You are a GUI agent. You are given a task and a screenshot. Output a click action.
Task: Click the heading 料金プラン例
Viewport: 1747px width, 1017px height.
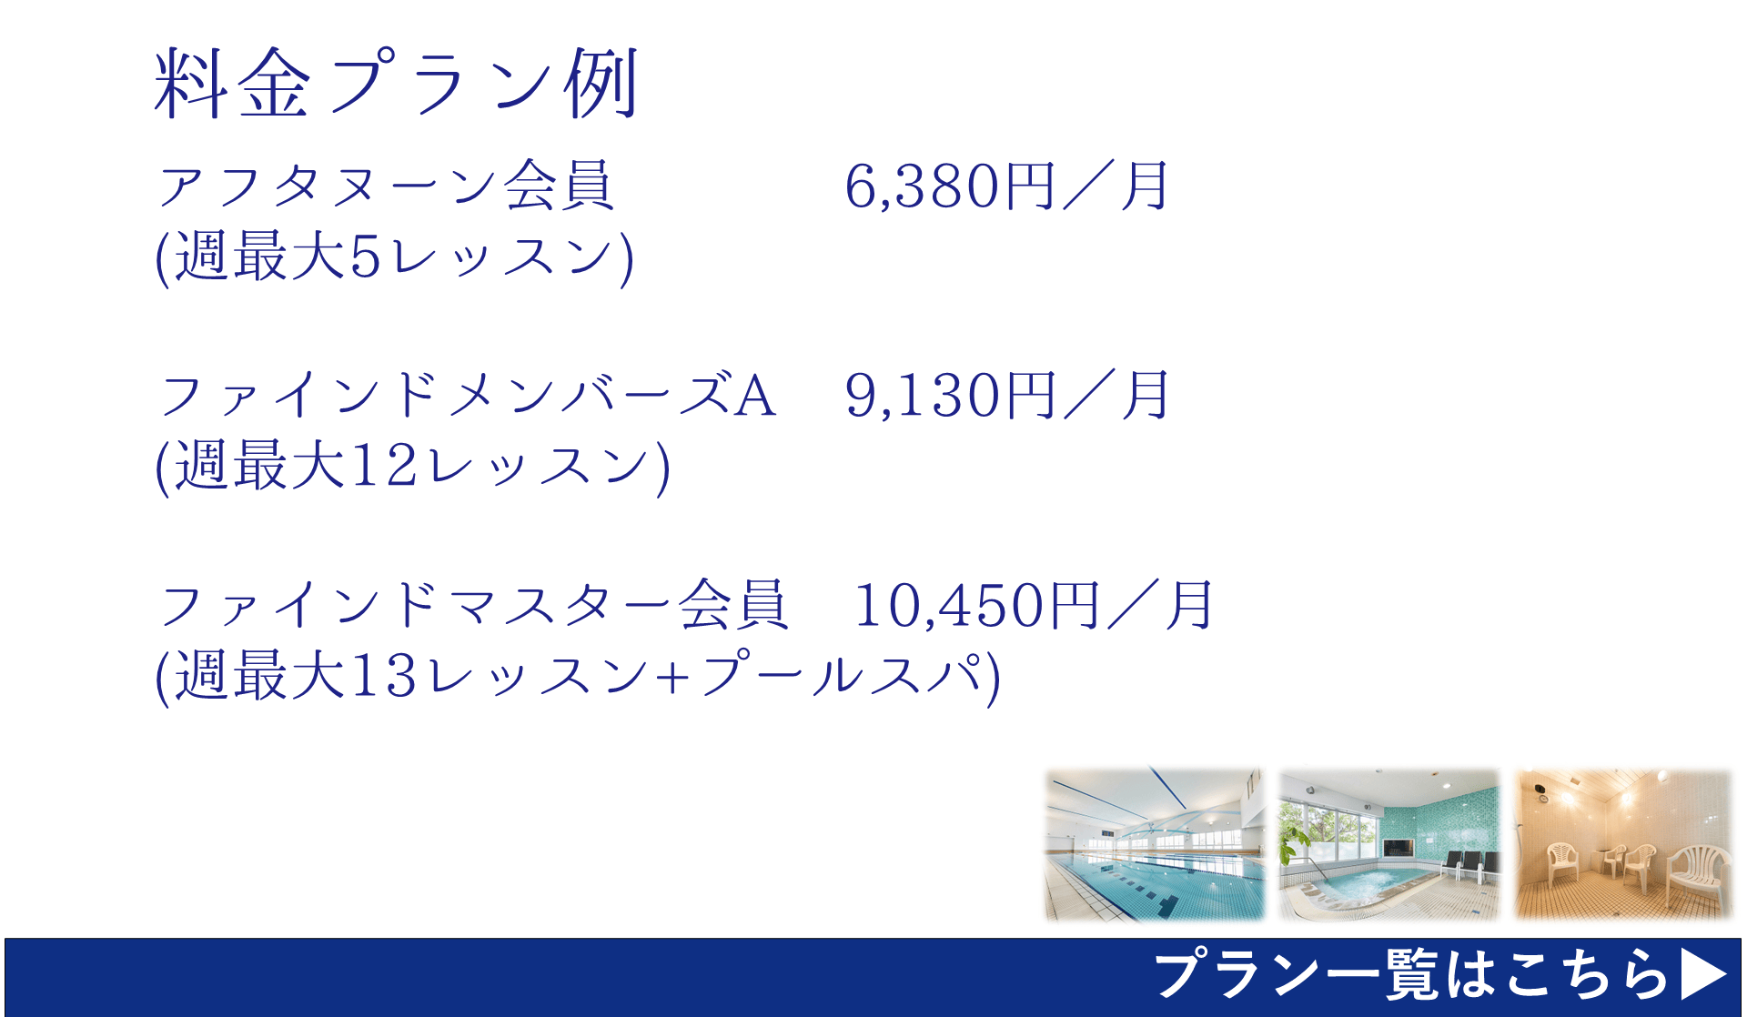397,84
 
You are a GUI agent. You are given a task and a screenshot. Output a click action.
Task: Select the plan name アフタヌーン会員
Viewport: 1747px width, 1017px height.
386,186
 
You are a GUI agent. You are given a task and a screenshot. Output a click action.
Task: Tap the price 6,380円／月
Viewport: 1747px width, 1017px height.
1006,186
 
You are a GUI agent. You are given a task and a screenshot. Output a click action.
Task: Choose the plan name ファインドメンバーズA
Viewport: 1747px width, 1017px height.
468,396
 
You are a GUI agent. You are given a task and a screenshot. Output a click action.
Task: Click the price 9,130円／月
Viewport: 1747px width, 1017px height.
1006,396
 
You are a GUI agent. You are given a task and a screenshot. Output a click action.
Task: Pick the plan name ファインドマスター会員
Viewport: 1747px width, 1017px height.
472,606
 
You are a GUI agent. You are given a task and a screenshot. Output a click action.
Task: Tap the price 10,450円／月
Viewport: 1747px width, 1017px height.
1034,606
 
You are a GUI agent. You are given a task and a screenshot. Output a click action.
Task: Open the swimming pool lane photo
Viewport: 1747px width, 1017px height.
1155,844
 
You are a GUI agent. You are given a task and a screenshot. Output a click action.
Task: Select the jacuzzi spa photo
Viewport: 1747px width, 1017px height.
1389,844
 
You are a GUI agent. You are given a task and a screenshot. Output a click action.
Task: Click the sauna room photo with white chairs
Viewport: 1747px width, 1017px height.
1623,844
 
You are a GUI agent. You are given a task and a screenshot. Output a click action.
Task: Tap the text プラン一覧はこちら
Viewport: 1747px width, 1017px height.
1411,975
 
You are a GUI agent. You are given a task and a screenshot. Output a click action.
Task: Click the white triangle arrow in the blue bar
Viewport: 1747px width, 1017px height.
1702,975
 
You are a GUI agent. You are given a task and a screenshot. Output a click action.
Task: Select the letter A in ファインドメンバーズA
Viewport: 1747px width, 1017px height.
755,397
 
